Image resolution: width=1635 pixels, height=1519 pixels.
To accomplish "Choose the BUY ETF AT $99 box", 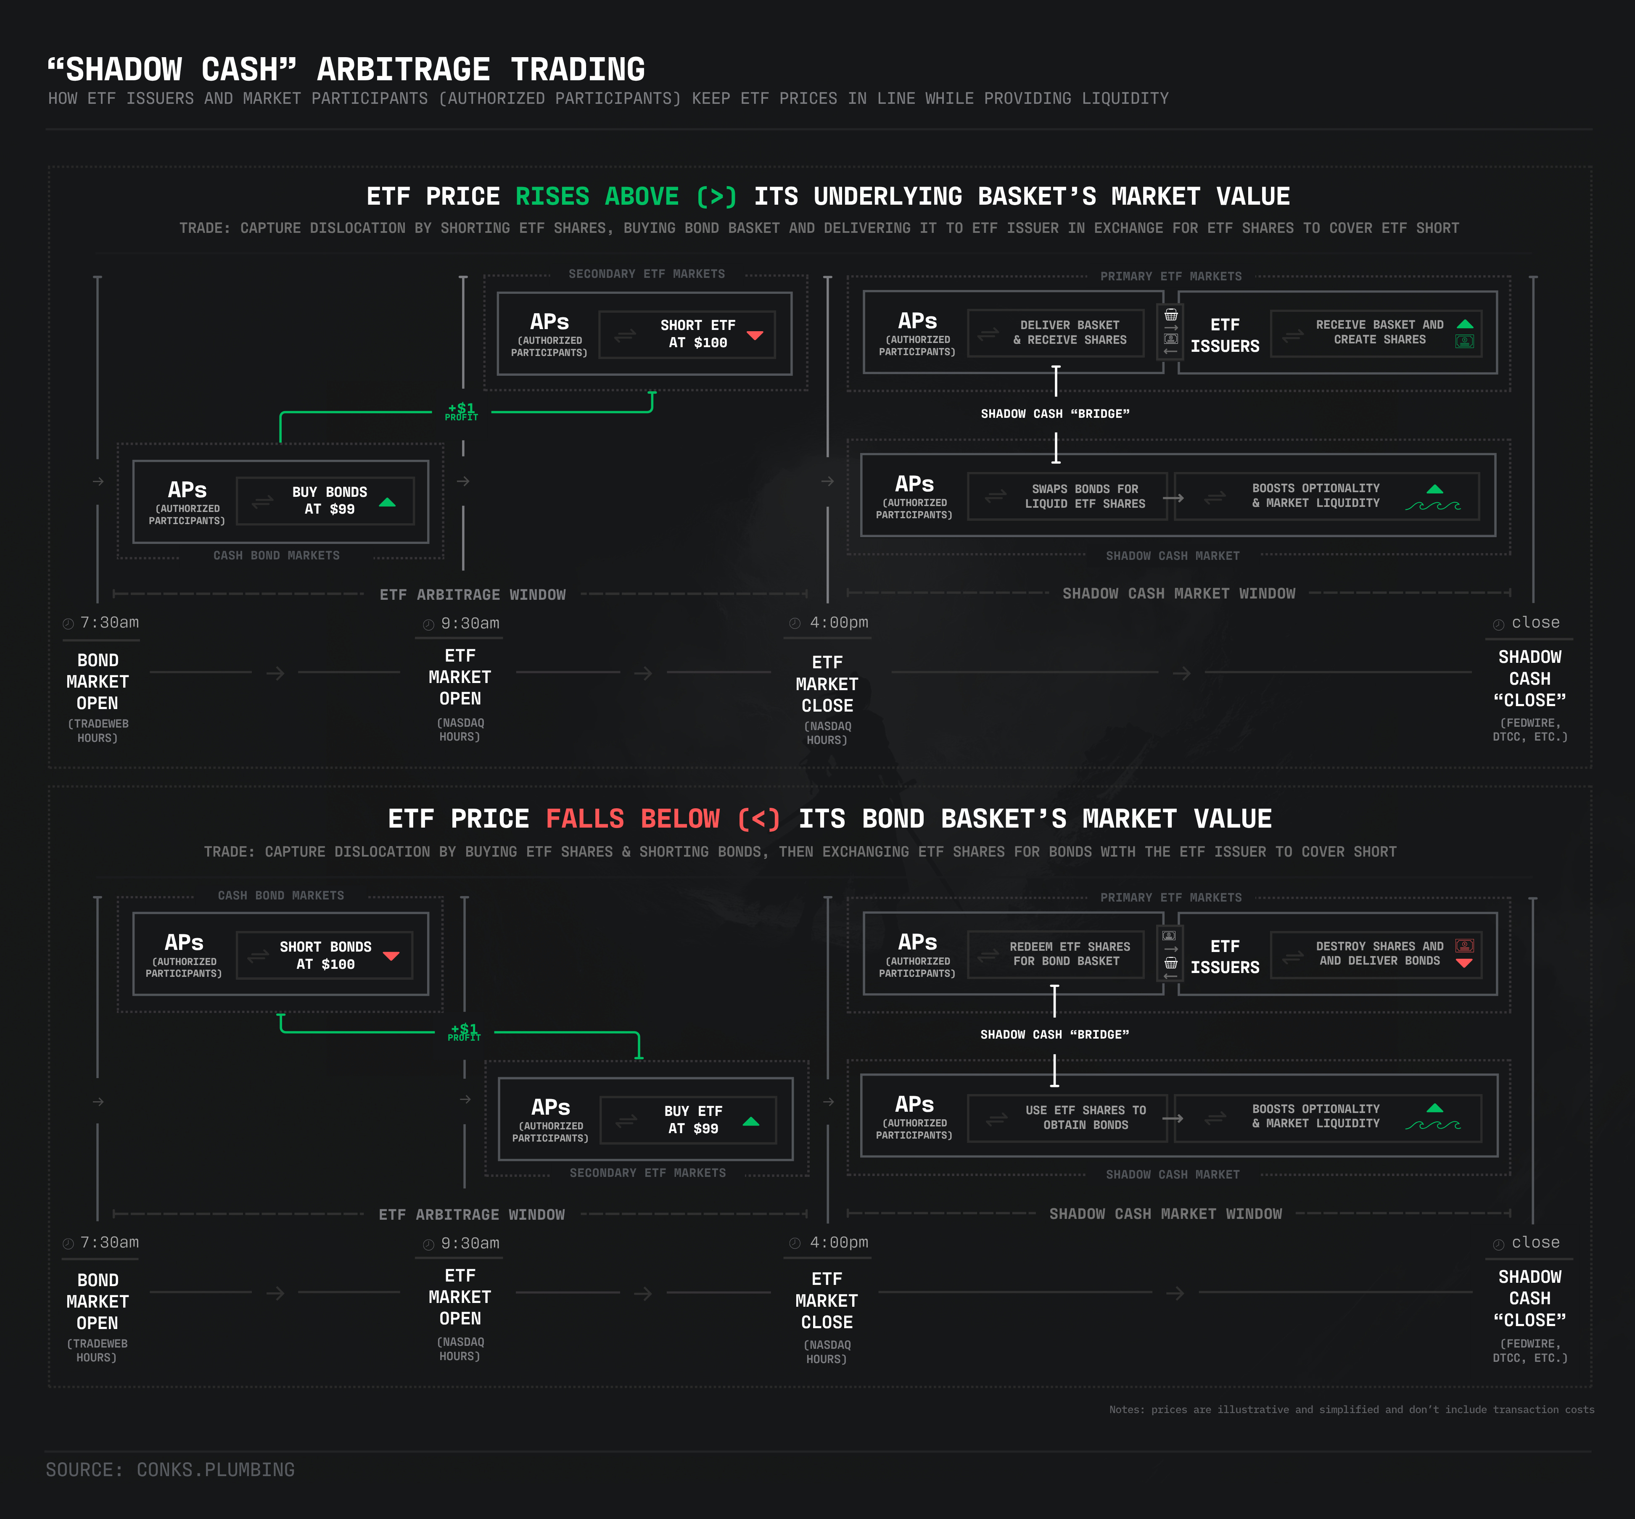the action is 688,1120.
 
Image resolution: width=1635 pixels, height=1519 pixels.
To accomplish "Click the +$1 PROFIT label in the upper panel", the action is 461,411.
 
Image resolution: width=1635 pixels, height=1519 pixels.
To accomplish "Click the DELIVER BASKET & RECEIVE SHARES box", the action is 1056,333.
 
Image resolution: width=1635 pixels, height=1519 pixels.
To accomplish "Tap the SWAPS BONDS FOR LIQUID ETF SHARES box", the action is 1067,496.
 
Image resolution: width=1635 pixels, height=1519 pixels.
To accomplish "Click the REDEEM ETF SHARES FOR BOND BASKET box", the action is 1056,954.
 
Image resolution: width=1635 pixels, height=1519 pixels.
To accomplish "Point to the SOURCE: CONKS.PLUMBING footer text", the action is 170,1470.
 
